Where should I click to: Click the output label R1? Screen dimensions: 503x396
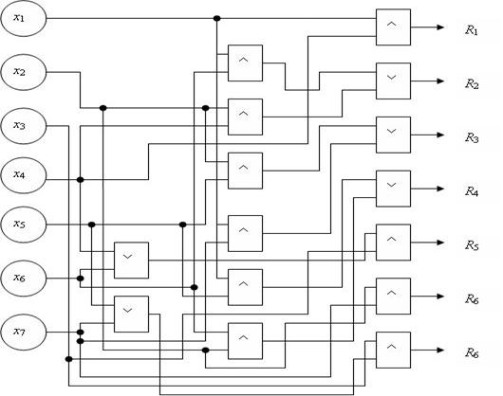[x=472, y=30]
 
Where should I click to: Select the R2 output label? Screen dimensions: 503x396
[x=472, y=84]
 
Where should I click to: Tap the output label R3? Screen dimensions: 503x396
[x=472, y=138]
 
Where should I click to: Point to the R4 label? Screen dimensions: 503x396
[x=472, y=192]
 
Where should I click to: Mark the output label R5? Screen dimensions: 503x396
[x=472, y=246]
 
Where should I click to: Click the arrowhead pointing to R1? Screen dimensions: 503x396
[x=440, y=27]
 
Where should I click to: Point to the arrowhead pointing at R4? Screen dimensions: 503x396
[x=440, y=189]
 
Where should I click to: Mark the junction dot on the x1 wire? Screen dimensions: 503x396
[x=216, y=18]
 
